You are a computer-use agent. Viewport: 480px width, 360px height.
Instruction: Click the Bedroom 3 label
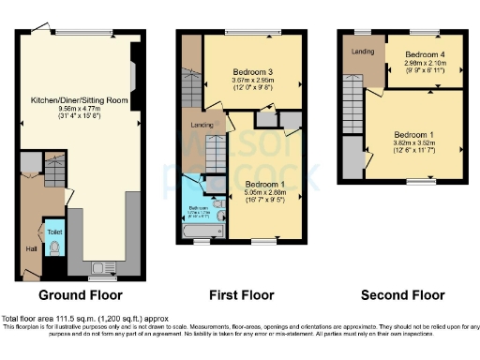[x=252, y=71]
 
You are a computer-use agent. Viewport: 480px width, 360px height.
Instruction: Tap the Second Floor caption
[x=401, y=295]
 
